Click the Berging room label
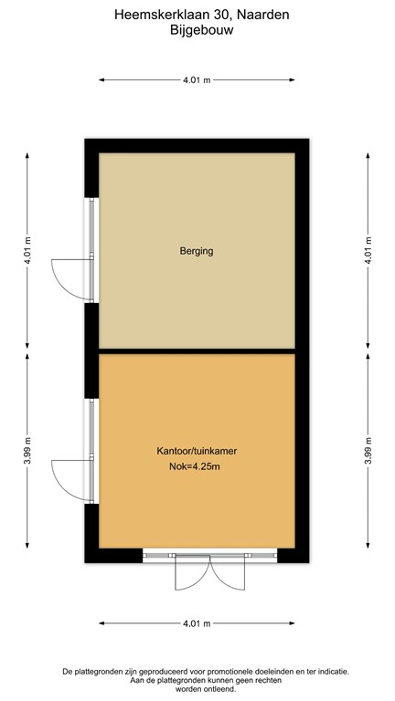tap(197, 250)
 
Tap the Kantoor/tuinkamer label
tap(197, 451)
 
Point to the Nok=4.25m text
tap(197, 467)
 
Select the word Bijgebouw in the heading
tap(197, 29)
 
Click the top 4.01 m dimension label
tap(197, 80)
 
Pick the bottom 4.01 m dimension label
tap(197, 623)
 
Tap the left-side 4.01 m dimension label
tap(28, 249)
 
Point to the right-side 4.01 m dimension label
tap(368, 249)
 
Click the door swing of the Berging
tap(69, 275)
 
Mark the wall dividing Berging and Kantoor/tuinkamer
tap(197, 350)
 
